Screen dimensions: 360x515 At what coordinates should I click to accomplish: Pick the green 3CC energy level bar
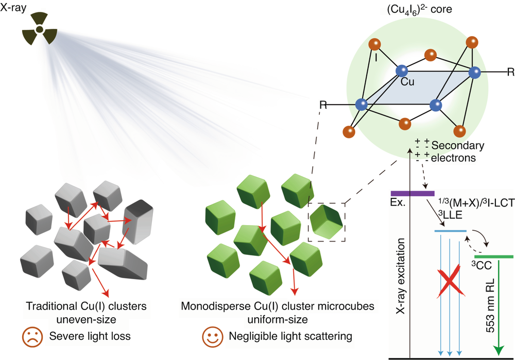tap(493, 256)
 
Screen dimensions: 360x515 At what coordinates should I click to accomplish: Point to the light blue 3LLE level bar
tap(451, 231)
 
